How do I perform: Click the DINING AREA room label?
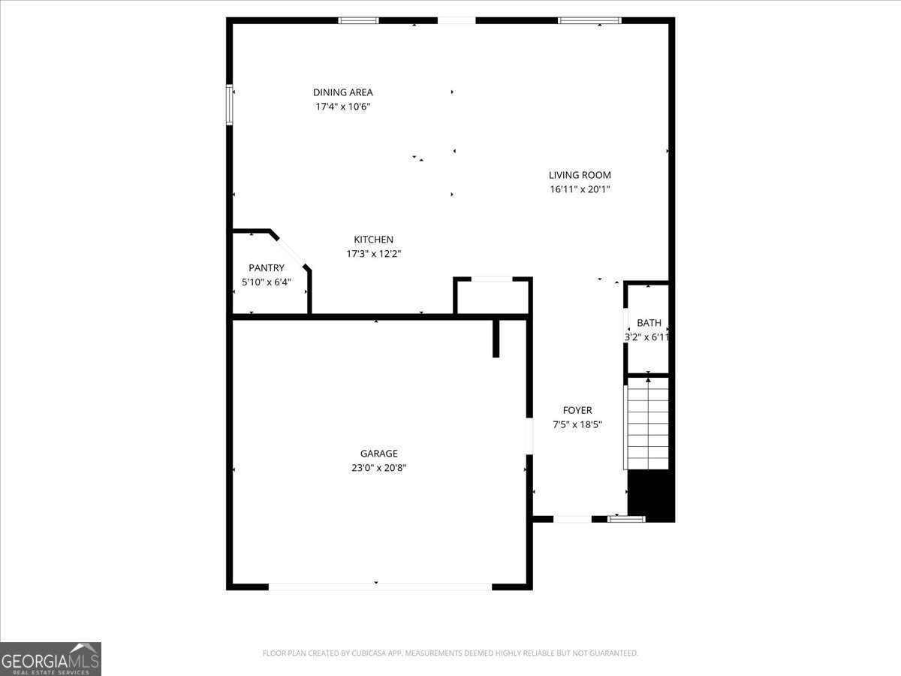(342, 92)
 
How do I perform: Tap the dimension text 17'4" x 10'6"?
(342, 107)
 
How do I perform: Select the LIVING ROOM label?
(580, 175)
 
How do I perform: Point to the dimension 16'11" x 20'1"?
(580, 189)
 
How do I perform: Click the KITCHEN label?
(373, 240)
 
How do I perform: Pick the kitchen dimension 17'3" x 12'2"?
(373, 254)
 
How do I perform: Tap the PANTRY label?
(267, 268)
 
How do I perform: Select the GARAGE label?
(378, 454)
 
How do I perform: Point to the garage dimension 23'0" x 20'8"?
(378, 468)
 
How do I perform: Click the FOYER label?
(577, 410)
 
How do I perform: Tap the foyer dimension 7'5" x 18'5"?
(577, 424)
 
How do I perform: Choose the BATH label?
(649, 323)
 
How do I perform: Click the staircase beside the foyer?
(647, 424)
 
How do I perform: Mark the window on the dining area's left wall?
(230, 104)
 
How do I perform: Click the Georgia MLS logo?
(50, 659)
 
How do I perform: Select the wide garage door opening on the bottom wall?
(380, 586)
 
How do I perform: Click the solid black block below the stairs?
(650, 496)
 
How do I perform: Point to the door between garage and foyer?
(529, 436)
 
